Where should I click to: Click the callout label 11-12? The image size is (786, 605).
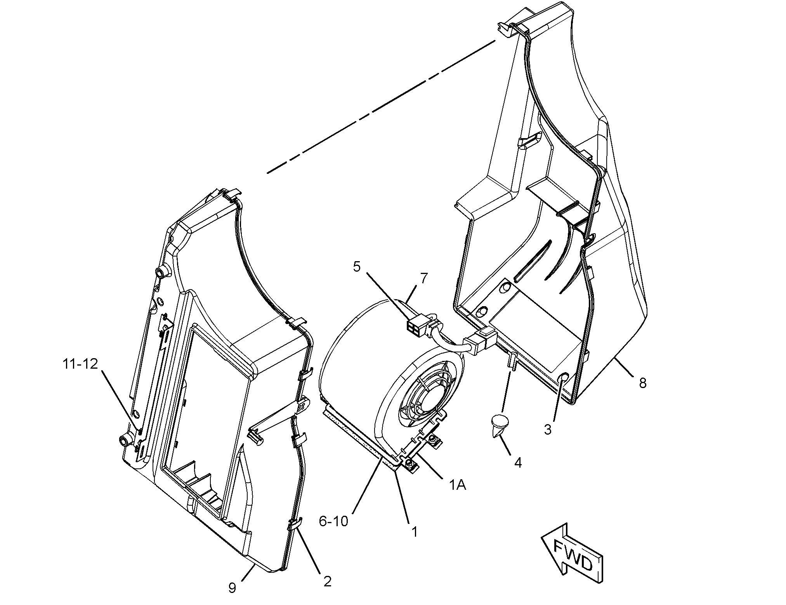coord(80,364)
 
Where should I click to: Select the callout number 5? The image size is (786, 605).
coord(357,267)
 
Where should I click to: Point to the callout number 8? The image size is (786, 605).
coord(643,383)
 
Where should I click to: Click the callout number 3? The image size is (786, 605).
coord(548,430)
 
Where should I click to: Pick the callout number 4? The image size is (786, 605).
coord(518,463)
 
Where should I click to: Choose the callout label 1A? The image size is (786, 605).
coord(458,485)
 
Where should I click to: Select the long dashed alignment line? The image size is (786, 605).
coord(380,107)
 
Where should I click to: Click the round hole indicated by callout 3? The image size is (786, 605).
coord(564,377)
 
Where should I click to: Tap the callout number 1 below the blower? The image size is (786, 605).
coord(414,531)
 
